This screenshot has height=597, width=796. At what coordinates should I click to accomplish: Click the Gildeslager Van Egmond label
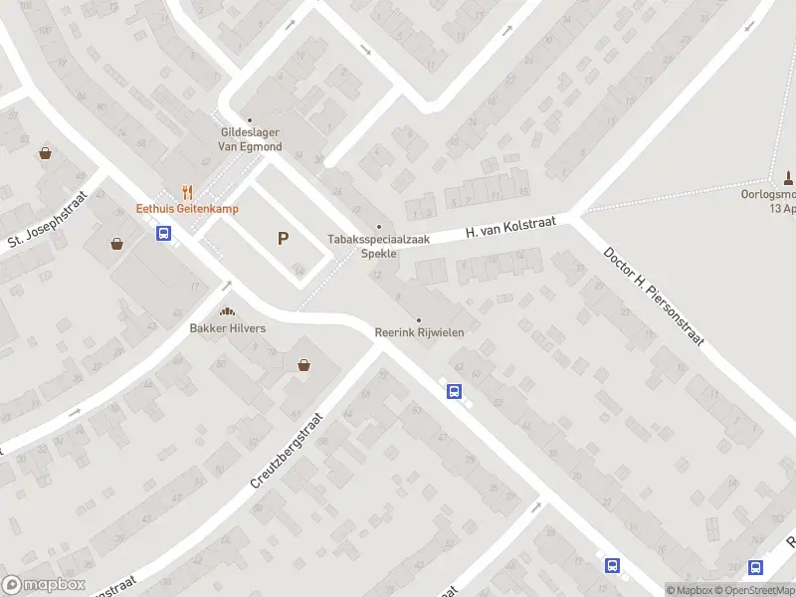(251, 139)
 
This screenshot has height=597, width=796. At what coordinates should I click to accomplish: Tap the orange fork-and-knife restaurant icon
(187, 192)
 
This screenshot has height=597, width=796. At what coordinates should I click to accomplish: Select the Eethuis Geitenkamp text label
(187, 209)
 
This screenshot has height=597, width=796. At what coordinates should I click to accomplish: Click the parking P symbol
(284, 239)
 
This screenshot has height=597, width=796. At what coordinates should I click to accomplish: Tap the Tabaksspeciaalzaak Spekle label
(378, 246)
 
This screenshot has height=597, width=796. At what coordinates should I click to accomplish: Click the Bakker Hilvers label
(228, 328)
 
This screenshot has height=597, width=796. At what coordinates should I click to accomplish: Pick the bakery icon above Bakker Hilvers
(228, 312)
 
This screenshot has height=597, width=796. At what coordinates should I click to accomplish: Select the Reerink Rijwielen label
(419, 332)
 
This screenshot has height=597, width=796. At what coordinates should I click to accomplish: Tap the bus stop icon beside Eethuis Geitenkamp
(164, 234)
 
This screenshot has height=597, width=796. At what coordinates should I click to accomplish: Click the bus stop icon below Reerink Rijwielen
(454, 391)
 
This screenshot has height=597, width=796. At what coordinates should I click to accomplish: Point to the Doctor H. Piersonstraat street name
(654, 296)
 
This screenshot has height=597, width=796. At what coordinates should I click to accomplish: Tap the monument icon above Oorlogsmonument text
(788, 177)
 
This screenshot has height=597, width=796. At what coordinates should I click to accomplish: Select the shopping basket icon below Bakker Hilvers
(303, 365)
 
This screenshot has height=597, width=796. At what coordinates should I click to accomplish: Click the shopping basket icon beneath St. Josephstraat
(118, 243)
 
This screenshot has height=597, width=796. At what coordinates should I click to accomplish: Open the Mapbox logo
(42, 585)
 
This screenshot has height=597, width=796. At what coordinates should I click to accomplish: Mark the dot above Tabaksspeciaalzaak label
(378, 226)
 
